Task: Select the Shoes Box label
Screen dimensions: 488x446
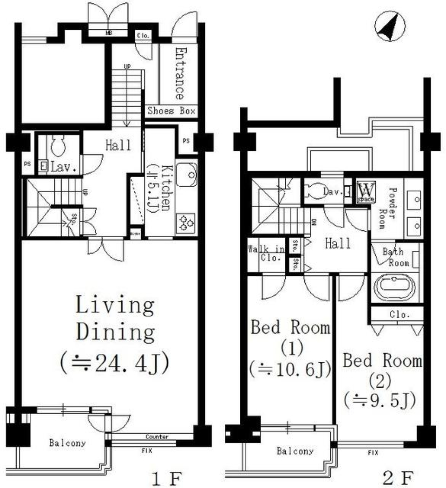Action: tap(171, 111)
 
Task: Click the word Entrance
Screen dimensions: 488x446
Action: tap(179, 73)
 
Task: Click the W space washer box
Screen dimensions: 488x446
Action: tap(366, 192)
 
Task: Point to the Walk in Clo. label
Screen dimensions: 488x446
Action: tap(266, 254)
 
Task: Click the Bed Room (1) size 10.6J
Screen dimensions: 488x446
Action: tap(290, 370)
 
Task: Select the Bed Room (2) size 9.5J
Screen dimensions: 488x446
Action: tap(380, 399)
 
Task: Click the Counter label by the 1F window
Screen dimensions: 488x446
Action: tap(157, 437)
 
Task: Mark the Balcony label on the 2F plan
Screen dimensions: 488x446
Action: tap(295, 451)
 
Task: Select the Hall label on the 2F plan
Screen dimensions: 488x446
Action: tap(338, 243)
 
